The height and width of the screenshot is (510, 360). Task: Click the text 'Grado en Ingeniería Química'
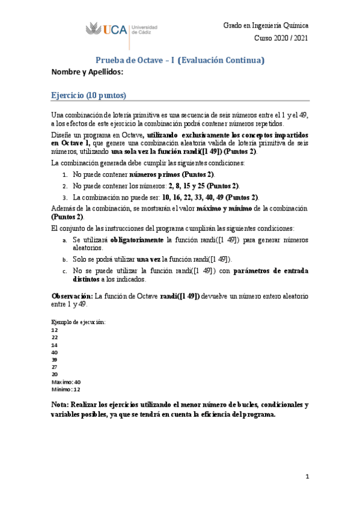(x=266, y=26)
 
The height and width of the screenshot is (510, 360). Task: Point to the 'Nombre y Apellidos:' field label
(x=87, y=72)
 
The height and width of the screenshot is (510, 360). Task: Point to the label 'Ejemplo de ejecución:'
(x=79, y=322)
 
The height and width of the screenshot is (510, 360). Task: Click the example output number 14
(x=55, y=345)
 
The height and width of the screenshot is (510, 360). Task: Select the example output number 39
(x=55, y=360)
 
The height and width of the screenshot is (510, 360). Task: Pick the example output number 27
(x=55, y=367)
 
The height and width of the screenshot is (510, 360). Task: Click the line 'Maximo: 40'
(x=66, y=382)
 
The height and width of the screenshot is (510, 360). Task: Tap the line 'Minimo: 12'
(x=66, y=389)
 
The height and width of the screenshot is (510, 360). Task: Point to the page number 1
(x=307, y=477)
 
